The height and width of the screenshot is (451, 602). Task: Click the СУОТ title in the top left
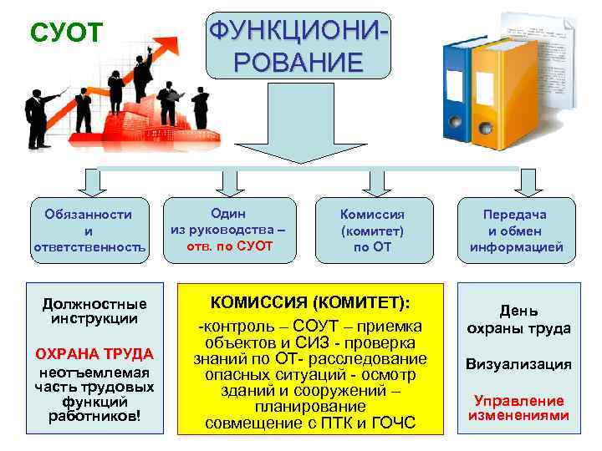click(66, 33)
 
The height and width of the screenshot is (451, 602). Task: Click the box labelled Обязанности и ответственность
click(89, 231)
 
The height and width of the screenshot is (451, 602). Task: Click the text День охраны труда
click(518, 319)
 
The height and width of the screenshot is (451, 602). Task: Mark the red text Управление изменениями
click(518, 407)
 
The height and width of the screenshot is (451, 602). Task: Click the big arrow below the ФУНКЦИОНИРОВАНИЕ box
click(298, 125)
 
